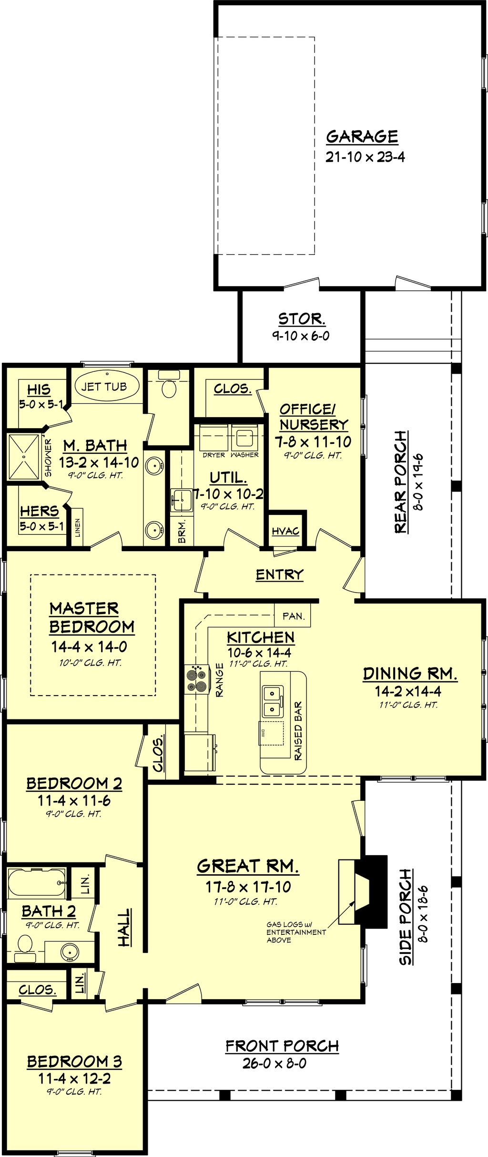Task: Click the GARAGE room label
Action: pos(362,137)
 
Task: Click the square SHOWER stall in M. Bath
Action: pos(23,457)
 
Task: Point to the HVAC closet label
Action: pos(285,531)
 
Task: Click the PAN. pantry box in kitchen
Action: pos(293,616)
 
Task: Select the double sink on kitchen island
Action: pos(273,701)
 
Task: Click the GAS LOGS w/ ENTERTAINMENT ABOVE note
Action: pos(295,932)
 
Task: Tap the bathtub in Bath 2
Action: pos(36,882)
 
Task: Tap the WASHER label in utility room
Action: pos(244,455)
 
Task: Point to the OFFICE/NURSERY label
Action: pos(313,417)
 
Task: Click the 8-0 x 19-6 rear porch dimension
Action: pos(418,482)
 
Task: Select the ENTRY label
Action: pos(279,574)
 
